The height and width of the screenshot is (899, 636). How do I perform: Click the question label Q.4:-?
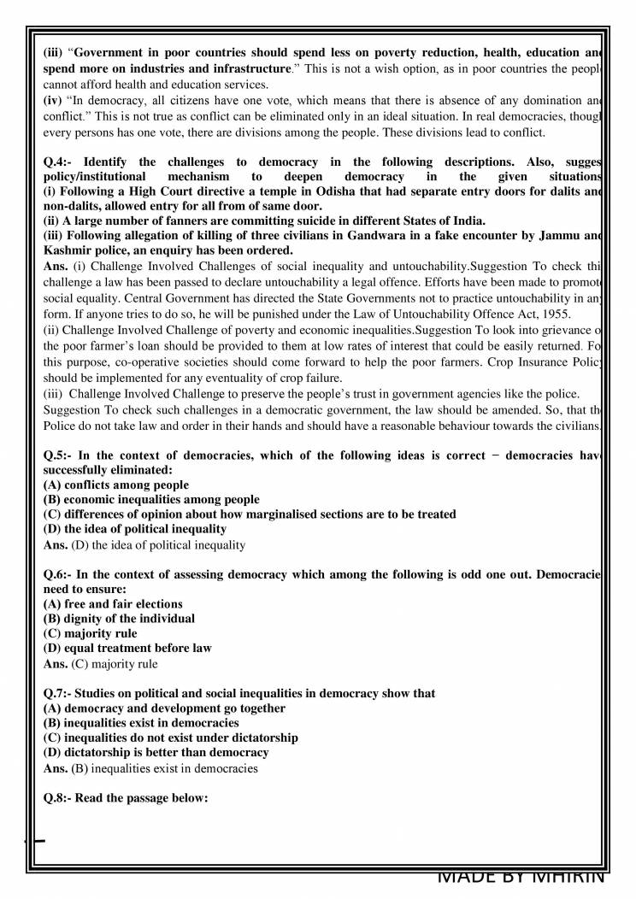pyautogui.click(x=60, y=162)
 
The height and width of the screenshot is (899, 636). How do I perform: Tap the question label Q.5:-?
pyautogui.click(x=60, y=455)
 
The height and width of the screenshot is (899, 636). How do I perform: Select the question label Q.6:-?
pyautogui.click(x=60, y=575)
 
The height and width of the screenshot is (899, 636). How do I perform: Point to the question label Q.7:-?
pyautogui.click(x=60, y=694)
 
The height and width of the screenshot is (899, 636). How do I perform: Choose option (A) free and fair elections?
pyautogui.click(x=113, y=603)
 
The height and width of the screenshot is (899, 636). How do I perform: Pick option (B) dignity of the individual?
pyautogui.click(x=119, y=618)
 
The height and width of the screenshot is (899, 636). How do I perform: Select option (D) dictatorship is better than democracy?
pyautogui.click(x=156, y=752)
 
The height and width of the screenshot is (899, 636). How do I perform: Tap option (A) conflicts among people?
pyautogui.click(x=115, y=485)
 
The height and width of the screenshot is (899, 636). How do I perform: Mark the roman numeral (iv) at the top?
pyautogui.click(x=51, y=99)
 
